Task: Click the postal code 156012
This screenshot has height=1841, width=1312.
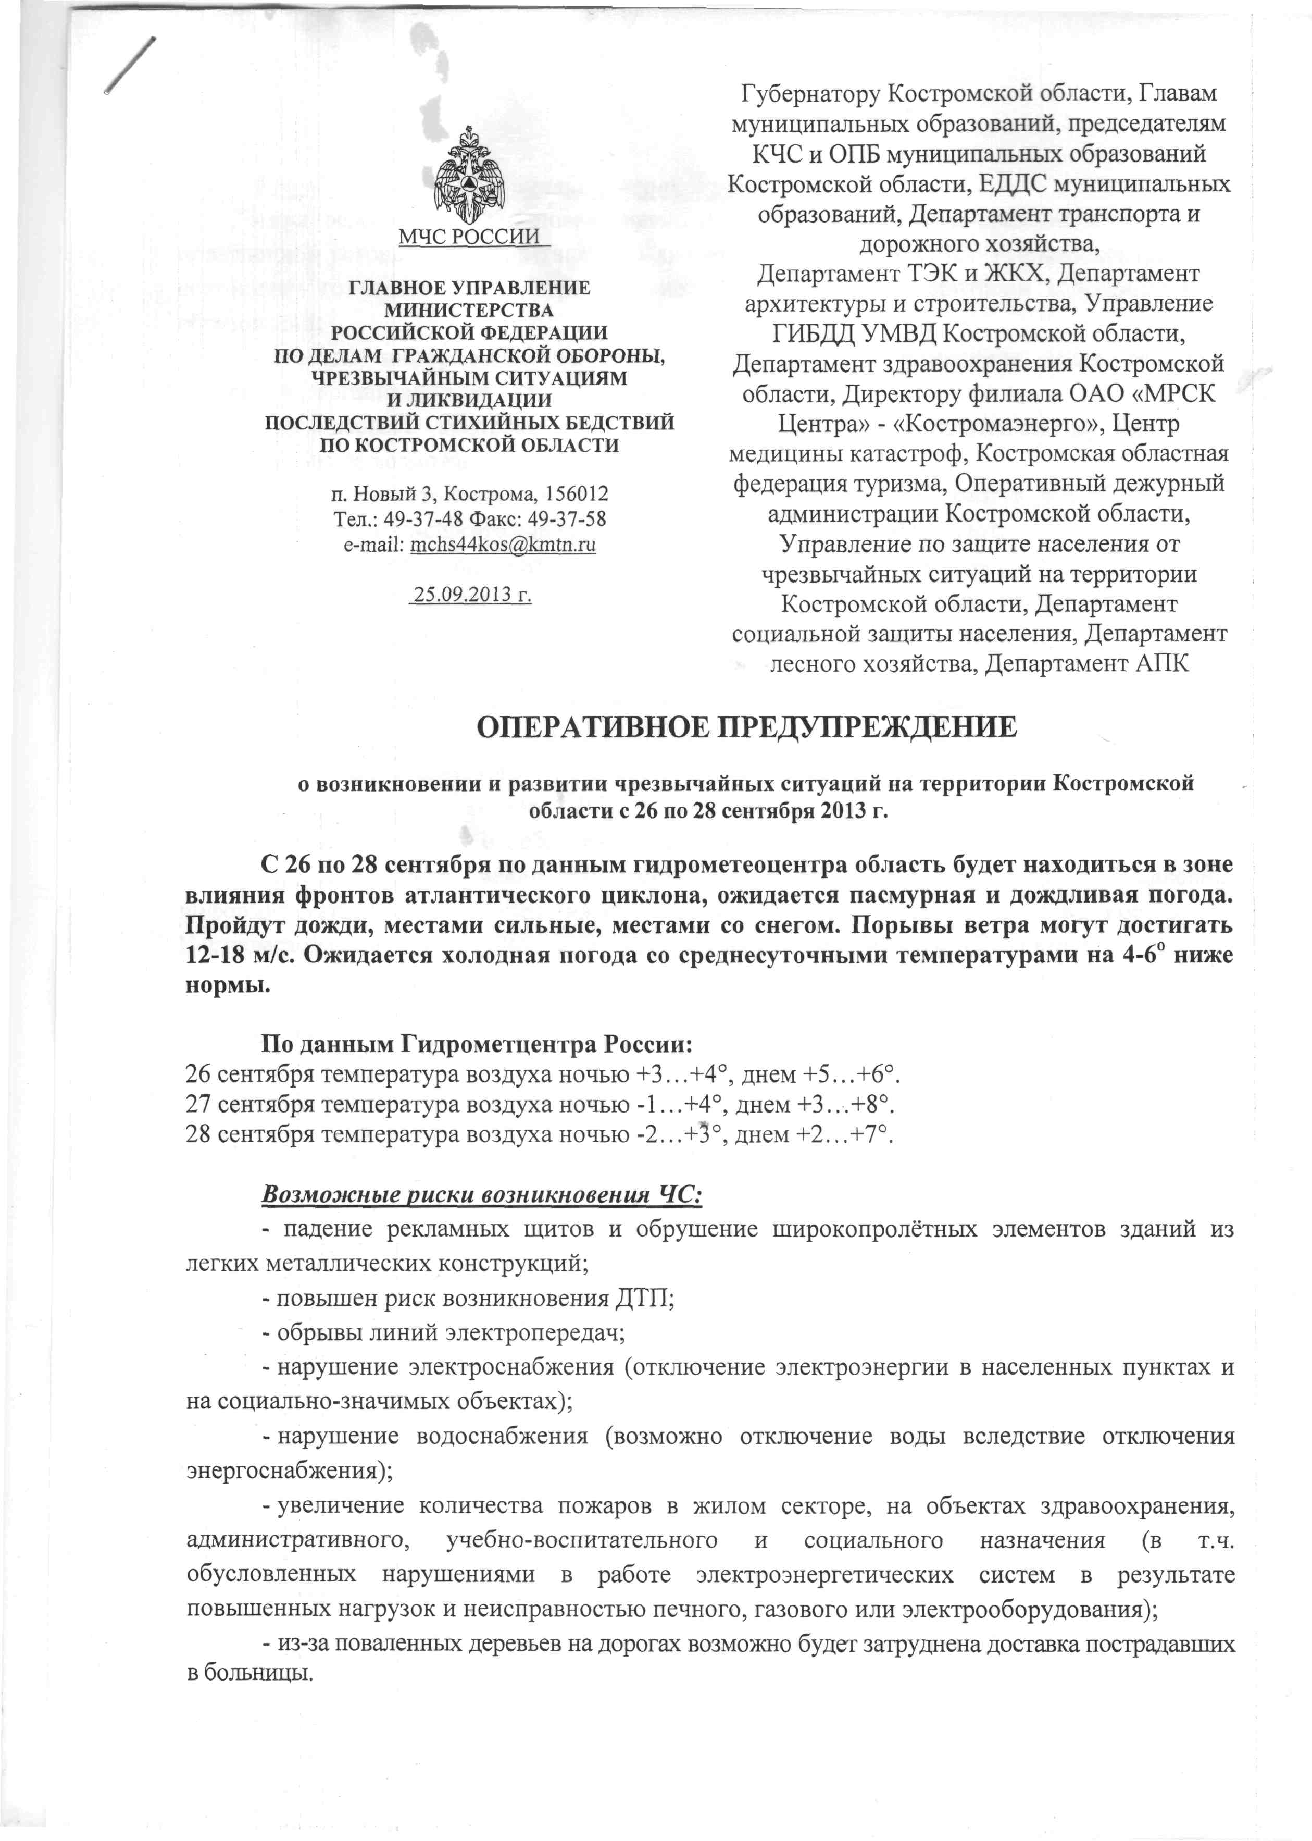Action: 577,493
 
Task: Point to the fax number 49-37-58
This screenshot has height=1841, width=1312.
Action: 566,519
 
